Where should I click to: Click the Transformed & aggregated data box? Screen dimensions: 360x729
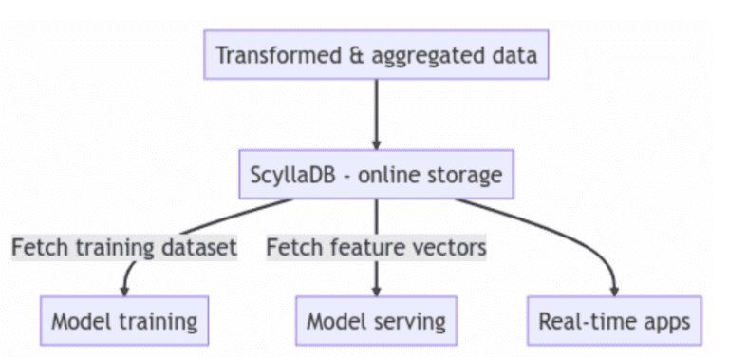pos(377,55)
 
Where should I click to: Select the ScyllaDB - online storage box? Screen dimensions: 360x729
pos(377,174)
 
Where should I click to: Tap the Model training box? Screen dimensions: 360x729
pos(124,320)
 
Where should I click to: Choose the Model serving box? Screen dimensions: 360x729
pos(376,320)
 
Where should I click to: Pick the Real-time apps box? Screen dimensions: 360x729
pos(615,320)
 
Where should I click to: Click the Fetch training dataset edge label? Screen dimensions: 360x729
pos(123,248)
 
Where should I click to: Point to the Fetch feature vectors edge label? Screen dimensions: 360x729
pos(376,248)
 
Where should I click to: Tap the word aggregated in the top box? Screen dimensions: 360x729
pos(434,56)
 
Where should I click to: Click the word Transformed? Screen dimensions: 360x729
pos(285,55)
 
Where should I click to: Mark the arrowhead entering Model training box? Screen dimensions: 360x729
pos(124,289)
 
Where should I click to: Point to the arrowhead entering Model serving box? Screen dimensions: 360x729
pos(377,289)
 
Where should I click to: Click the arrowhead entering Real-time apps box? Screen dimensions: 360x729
pos(616,289)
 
